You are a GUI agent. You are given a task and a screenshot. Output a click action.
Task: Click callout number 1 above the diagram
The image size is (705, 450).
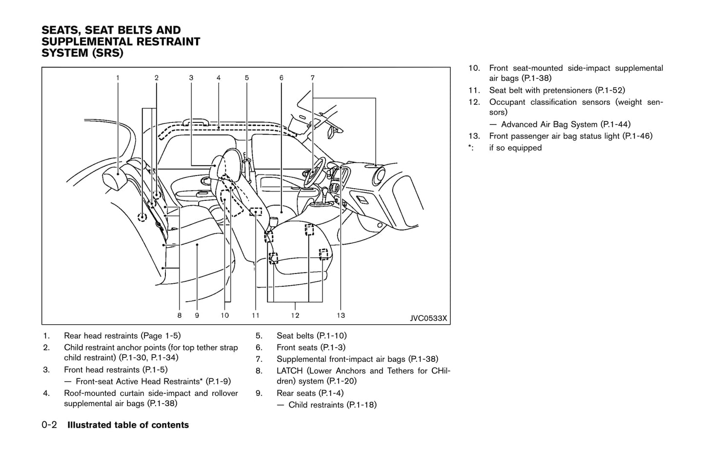(118, 78)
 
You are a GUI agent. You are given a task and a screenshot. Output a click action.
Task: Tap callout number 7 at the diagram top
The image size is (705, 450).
(312, 78)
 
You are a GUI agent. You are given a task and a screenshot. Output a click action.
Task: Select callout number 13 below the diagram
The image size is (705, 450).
(341, 315)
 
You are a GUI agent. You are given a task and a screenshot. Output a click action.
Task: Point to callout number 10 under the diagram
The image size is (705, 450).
(224, 315)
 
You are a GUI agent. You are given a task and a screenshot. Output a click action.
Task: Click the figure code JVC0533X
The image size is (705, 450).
(428, 318)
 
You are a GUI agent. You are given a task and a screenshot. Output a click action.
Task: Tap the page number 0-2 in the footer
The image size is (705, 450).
(49, 425)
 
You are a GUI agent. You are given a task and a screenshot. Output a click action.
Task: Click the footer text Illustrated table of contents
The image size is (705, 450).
(128, 425)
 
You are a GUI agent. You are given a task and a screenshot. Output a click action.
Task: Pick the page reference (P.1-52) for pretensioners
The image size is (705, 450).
(610, 90)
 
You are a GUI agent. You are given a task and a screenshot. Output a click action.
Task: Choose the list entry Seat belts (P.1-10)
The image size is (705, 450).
(311, 335)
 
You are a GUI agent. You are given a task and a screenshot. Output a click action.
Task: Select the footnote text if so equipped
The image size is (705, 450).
(515, 148)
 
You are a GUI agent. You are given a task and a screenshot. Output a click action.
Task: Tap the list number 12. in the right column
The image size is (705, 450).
(474, 102)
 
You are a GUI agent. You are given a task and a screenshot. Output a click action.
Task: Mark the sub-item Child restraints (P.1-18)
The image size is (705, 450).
(332, 405)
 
